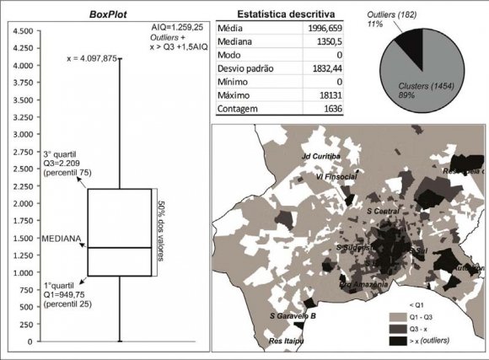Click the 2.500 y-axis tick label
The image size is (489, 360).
[x=23, y=169]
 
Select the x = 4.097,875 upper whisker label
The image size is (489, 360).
[x=90, y=59]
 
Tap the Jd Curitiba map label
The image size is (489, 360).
[x=320, y=158]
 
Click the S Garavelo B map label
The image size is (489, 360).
[x=293, y=316]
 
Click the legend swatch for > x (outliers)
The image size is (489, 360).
[x=396, y=339]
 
